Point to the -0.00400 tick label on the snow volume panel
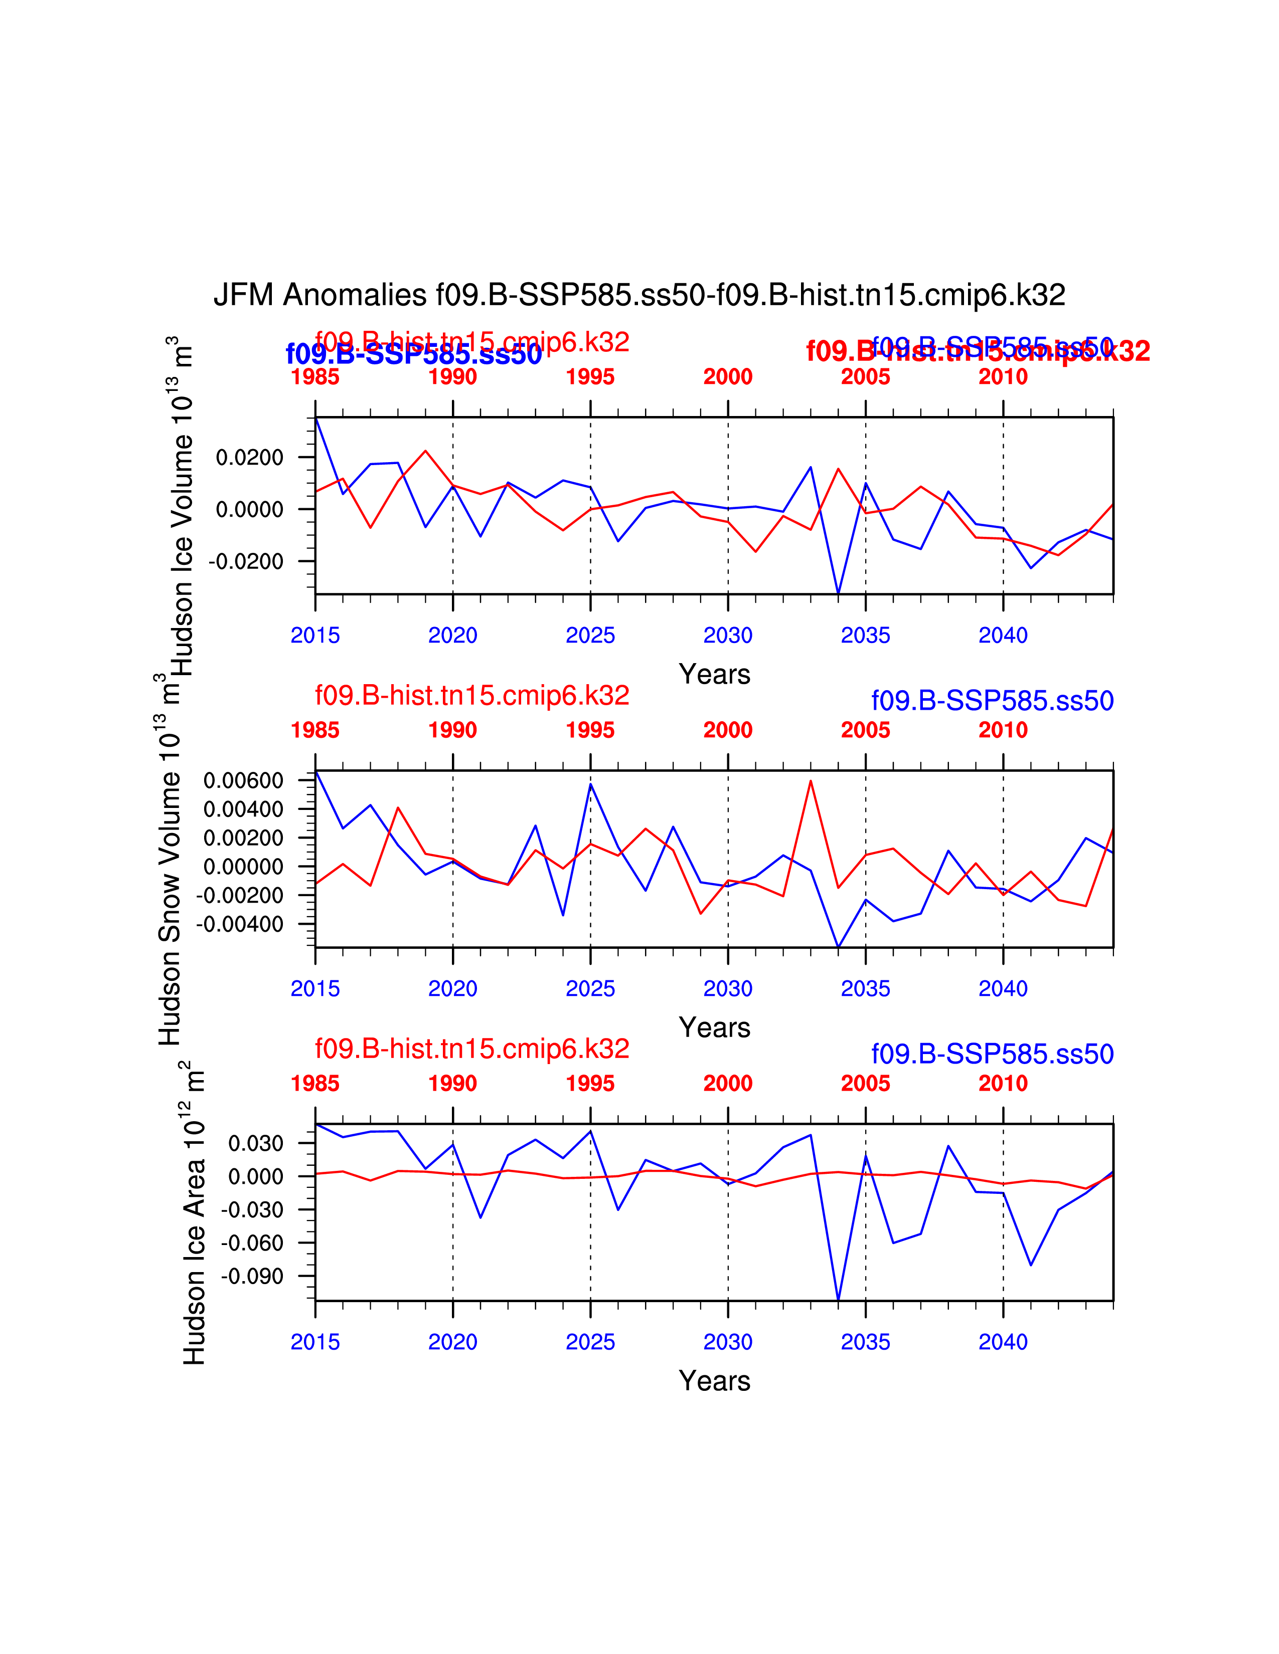point(239,924)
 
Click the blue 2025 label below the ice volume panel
point(590,636)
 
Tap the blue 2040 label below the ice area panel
point(1003,1342)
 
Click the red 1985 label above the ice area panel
point(315,1084)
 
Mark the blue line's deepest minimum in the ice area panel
point(838,1300)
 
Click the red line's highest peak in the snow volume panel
point(811,781)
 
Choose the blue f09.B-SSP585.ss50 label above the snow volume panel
point(992,701)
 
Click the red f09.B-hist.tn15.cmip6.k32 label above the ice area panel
point(472,1049)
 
